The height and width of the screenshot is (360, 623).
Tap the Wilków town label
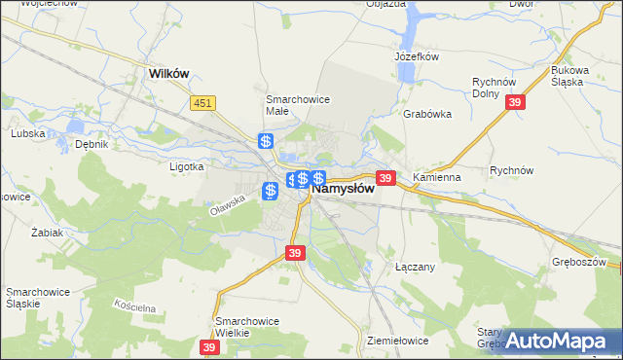pos(167,72)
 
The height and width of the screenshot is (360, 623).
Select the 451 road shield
pos(202,103)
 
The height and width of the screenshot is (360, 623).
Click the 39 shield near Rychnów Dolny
pos(517,104)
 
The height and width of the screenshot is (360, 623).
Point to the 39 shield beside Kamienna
pos(385,178)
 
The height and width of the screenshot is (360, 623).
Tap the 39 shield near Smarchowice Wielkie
pos(209,346)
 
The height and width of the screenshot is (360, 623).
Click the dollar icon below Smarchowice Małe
pos(266,142)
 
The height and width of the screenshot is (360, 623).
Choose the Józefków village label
pos(418,56)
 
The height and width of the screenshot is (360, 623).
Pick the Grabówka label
pos(427,113)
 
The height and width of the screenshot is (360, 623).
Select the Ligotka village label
pos(186,166)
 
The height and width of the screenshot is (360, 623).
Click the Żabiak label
pos(47,234)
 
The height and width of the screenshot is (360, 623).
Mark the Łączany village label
pos(414,266)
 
